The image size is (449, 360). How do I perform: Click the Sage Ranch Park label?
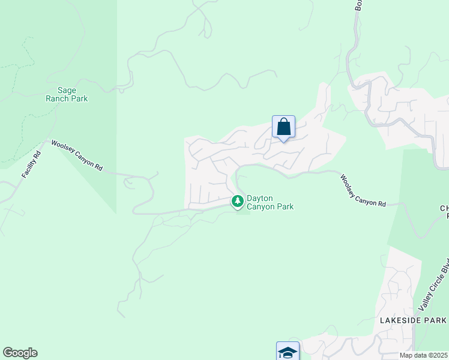tap(67, 94)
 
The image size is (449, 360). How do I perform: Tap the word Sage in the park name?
tap(67, 90)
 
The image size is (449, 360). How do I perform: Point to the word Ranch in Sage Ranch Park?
tap(58, 98)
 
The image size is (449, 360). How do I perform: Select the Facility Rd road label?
tap(31, 164)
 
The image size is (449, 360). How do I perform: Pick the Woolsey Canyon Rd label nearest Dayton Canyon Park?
tap(363, 191)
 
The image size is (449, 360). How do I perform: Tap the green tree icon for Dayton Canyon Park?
tap(238, 200)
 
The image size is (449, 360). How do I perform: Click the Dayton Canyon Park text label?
tap(270, 202)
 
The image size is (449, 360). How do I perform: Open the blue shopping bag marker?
tap(283, 127)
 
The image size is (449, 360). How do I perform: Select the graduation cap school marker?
tap(288, 351)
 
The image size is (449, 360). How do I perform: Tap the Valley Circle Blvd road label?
tap(435, 287)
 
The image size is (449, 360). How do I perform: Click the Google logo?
tap(20, 353)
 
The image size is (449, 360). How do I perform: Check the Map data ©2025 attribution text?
tap(424, 355)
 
